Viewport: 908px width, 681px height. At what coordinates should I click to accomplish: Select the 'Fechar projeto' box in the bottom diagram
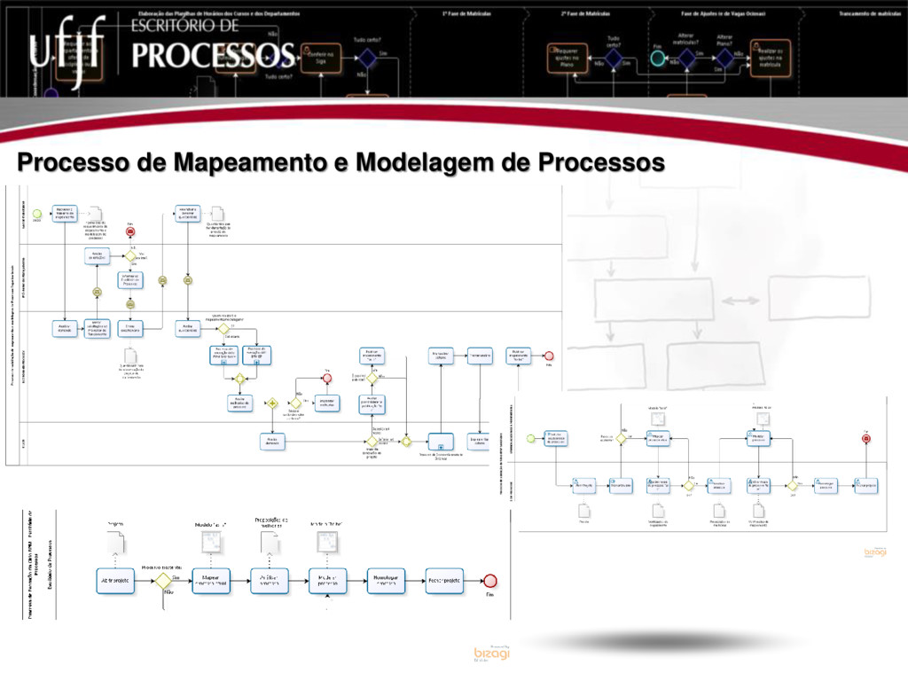(444, 581)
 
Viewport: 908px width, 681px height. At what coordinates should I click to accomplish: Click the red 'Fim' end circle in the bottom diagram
(490, 582)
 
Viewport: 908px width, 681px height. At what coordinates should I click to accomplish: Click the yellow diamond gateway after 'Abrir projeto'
(163, 582)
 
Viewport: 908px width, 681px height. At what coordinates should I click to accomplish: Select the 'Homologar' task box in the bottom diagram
(385, 581)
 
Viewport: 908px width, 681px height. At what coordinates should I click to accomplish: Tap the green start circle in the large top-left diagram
(38, 214)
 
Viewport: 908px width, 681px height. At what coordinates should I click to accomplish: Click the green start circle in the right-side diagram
(531, 438)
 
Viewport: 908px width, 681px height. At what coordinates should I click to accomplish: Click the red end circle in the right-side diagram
(865, 439)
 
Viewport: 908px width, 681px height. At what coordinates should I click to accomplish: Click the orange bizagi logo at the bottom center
(492, 653)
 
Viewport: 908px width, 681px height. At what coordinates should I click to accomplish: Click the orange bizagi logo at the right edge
(875, 552)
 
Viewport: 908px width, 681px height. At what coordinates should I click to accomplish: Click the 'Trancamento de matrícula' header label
(869, 14)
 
